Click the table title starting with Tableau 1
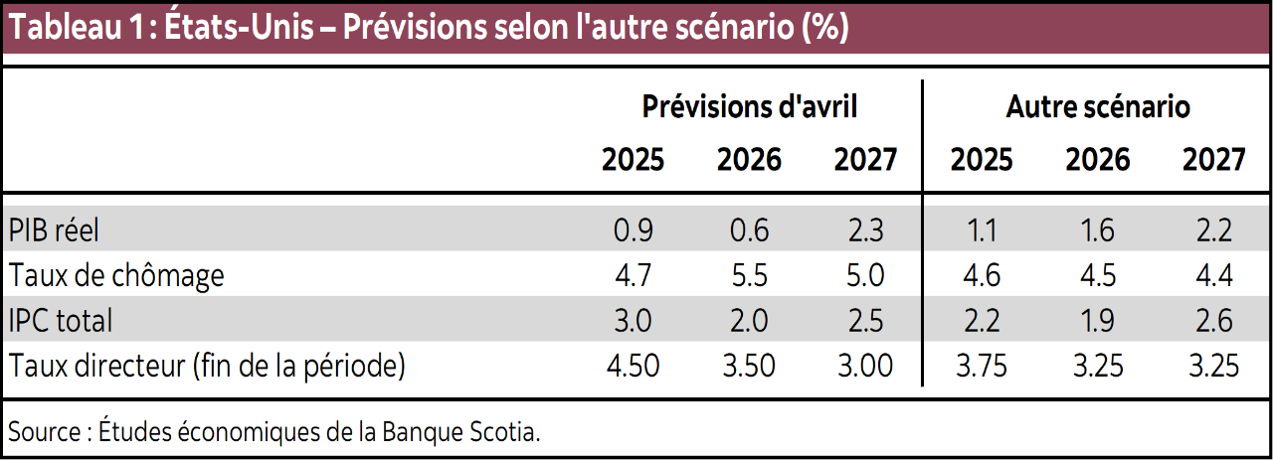428,27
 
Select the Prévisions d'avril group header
749,106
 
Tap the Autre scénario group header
1098,106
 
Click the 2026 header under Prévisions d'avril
749,159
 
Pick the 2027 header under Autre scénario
1213,159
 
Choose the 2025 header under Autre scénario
982,159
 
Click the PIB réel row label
55,230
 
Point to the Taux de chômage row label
116,274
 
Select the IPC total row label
61,320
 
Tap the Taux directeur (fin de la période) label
207,366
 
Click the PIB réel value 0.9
634,230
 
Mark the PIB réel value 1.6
1097,230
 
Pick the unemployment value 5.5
749,274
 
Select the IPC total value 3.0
634,320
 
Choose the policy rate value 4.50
634,366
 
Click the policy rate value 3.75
981,366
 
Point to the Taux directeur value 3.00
865,366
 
